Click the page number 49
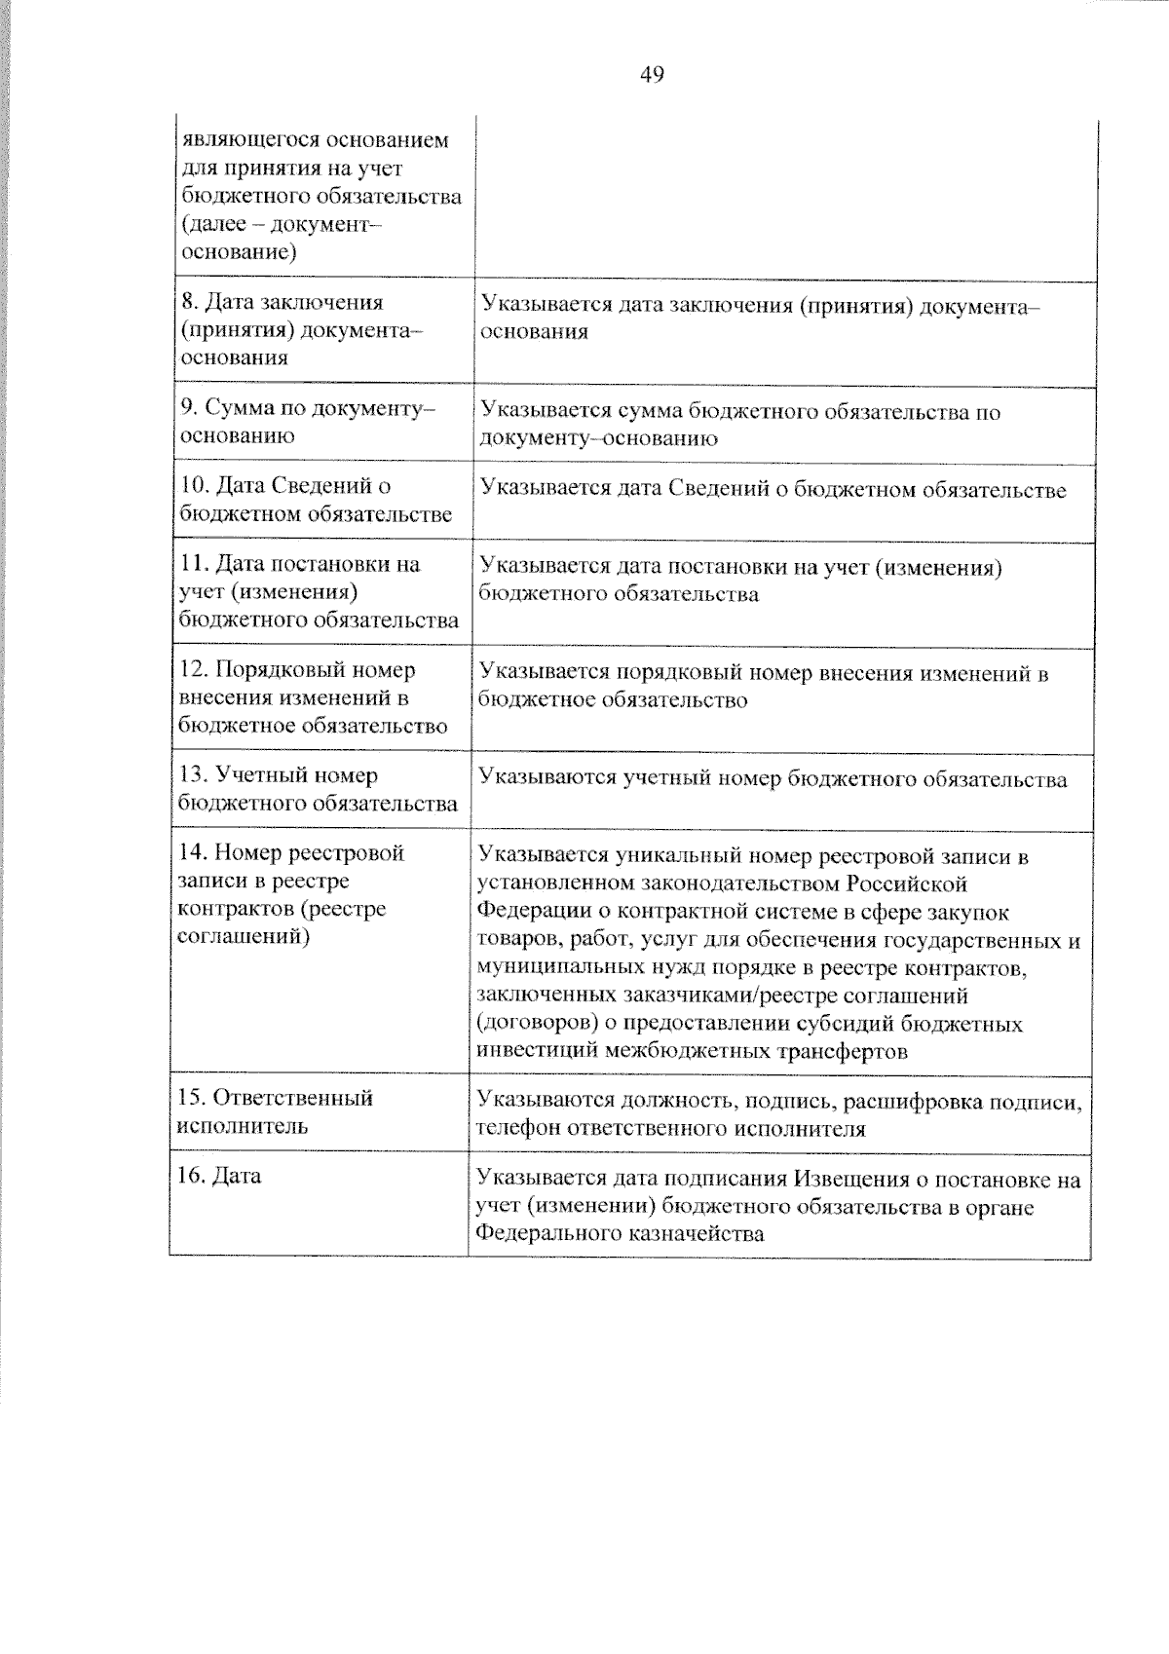tap(652, 75)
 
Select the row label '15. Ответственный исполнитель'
tap(275, 1111)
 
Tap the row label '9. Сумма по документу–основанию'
tap(307, 422)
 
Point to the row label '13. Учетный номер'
tap(279, 775)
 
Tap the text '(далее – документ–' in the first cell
tap(282, 225)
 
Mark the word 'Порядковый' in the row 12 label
tap(279, 670)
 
